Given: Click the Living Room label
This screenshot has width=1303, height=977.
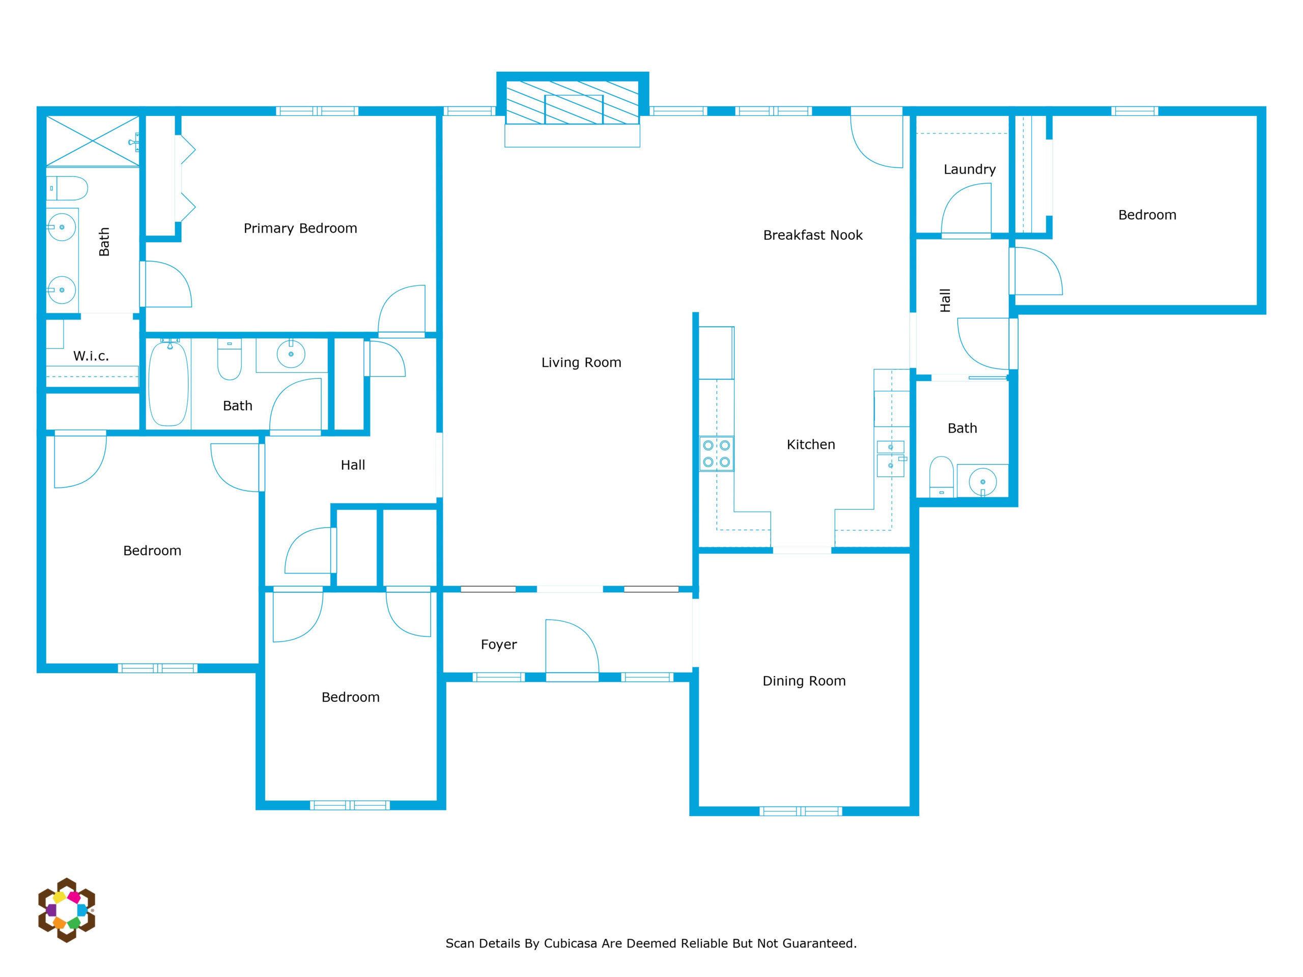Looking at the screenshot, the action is tap(581, 363).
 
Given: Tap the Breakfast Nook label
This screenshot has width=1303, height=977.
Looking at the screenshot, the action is tap(812, 235).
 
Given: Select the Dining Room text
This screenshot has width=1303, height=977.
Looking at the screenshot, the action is tap(804, 681).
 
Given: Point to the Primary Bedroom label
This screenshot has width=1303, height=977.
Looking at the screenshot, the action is tap(300, 228).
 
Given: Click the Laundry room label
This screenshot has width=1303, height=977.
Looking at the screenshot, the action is tap(970, 169).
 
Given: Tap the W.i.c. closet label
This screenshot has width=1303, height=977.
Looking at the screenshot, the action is tap(91, 356).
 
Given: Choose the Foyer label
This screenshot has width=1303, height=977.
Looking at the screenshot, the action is tap(499, 645).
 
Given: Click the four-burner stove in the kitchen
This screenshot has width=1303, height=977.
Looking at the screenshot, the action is tap(716, 453).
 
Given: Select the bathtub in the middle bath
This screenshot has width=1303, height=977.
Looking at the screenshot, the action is tap(168, 383).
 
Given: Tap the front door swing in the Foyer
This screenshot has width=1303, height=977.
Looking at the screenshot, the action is tap(572, 647).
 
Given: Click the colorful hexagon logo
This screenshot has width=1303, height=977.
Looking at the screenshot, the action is tap(67, 910).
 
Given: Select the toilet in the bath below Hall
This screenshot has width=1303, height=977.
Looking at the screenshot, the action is tap(941, 476).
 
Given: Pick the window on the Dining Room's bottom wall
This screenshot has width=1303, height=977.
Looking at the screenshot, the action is tap(801, 812).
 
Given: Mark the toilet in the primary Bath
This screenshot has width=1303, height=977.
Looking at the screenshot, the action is tap(67, 188).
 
